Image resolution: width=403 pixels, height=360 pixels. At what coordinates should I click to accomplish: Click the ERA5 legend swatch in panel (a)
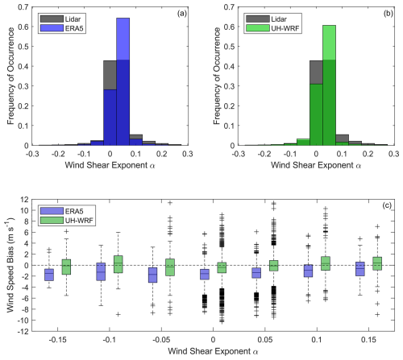[52, 28]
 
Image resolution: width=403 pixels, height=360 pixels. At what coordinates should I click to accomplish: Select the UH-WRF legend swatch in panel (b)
[258, 28]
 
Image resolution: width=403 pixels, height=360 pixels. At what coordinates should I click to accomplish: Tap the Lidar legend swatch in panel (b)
[258, 19]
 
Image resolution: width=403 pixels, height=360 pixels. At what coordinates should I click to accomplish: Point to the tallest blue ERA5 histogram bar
[123, 81]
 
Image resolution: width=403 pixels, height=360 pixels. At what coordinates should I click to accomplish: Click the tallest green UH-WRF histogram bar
[329, 85]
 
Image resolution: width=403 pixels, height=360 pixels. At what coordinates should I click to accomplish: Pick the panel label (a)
[182, 14]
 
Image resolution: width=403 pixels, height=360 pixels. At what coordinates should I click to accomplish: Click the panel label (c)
[387, 205]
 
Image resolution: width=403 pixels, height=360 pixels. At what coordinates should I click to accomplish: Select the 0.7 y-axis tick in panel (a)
[23, 7]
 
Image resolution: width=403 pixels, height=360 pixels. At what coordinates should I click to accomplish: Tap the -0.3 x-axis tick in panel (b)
[238, 154]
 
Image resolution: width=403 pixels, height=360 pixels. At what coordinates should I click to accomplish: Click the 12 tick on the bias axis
[24, 200]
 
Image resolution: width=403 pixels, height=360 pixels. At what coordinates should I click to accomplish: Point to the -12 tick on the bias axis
[23, 332]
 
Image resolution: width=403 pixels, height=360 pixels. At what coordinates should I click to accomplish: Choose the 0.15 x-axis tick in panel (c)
[368, 340]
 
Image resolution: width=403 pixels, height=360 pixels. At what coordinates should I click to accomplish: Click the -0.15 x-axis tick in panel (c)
[57, 340]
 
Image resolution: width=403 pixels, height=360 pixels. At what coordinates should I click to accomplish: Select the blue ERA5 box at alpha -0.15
[49, 275]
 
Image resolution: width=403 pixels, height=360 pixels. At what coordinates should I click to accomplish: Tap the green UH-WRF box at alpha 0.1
[326, 263]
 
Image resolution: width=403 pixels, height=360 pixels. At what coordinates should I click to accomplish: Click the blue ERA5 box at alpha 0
[205, 275]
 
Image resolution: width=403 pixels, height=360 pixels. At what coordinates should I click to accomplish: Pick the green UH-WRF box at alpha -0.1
[118, 264]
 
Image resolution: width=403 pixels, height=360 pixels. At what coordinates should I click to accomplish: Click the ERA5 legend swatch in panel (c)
[52, 211]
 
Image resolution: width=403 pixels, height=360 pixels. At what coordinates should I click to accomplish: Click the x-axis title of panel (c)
[213, 351]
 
